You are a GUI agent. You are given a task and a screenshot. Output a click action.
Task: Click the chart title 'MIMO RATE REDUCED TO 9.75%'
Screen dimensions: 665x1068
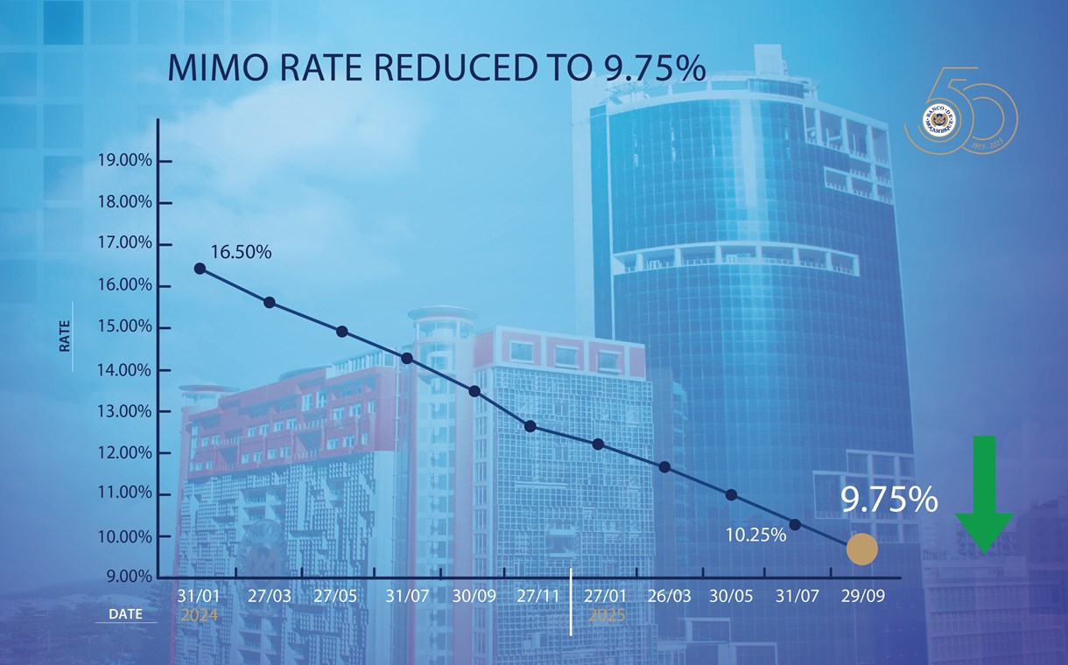coord(436,69)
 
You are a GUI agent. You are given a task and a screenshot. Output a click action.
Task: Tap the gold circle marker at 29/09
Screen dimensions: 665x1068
coord(861,549)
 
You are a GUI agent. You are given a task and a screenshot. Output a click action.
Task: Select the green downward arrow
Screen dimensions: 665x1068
coord(984,493)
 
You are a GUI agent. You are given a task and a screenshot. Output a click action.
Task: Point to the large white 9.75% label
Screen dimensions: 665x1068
coord(889,500)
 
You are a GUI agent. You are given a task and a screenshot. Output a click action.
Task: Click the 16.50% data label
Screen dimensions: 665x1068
coord(241,253)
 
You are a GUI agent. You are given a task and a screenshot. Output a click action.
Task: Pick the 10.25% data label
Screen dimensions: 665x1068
coord(755,534)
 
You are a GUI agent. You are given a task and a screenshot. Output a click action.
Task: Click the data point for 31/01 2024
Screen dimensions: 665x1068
coord(200,269)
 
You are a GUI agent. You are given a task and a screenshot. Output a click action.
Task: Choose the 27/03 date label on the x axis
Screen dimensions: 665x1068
coord(270,597)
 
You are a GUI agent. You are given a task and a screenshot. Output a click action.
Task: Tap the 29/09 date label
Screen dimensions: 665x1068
coord(861,597)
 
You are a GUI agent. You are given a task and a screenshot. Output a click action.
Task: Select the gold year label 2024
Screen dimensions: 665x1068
coord(199,615)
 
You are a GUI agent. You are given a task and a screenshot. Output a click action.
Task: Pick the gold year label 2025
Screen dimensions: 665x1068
coord(607,615)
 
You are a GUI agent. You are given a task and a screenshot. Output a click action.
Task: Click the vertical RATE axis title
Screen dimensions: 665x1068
coord(65,338)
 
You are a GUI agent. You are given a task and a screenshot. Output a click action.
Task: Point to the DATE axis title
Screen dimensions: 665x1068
coord(125,614)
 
